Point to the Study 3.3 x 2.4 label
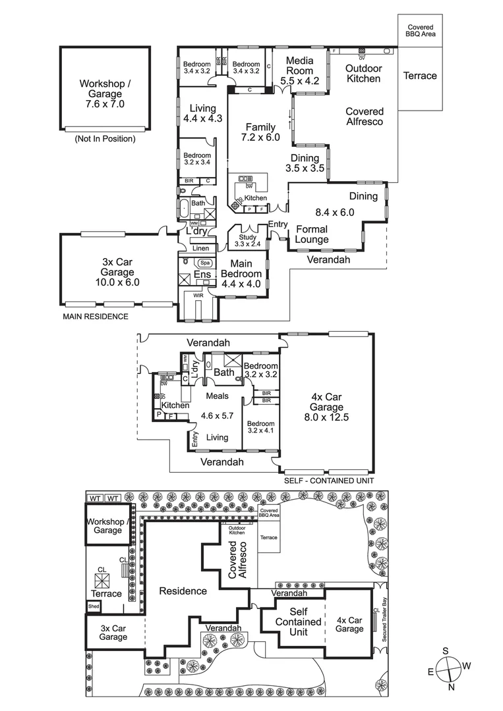point(247,241)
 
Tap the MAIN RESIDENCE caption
point(96,317)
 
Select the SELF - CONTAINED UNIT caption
point(329,481)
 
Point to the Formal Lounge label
point(312,234)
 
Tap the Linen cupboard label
point(200,248)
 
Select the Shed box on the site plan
point(94,607)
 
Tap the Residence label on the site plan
point(183,591)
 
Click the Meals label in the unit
point(217,396)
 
